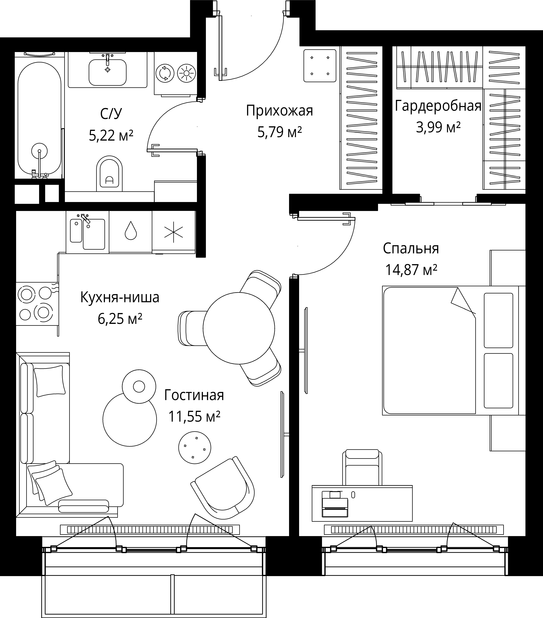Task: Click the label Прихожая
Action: [279, 111]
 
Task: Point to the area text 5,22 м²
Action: [111, 135]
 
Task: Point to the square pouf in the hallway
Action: [320, 66]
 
